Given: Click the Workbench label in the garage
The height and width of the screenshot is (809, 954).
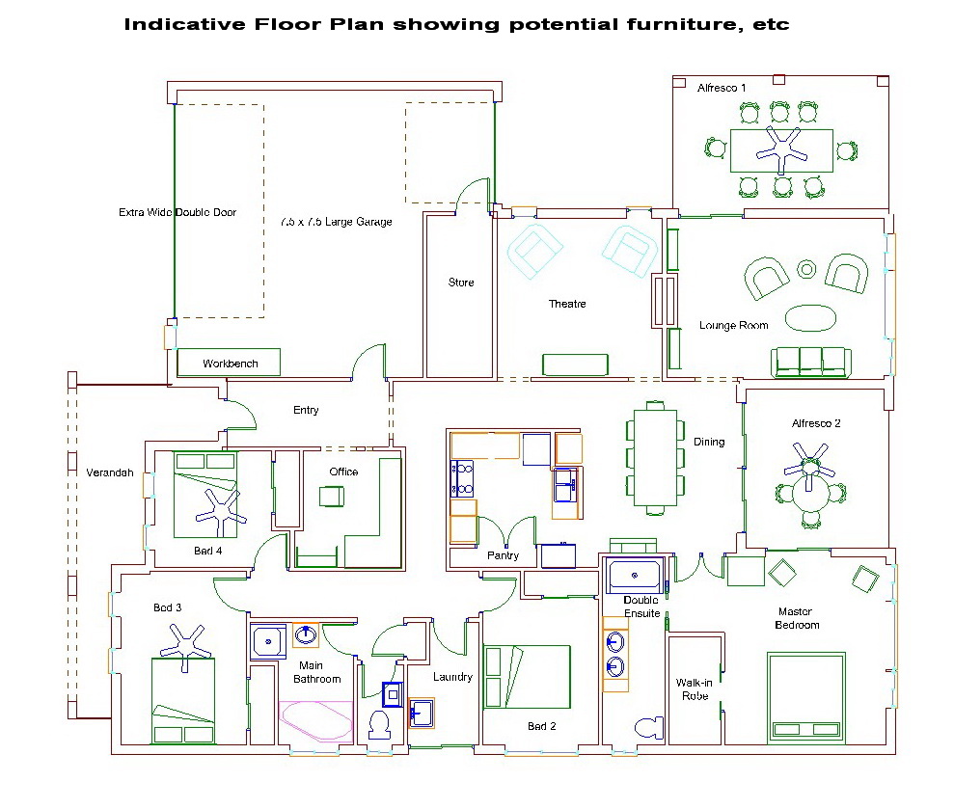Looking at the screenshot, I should click(230, 364).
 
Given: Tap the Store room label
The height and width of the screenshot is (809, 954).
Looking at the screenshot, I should click(461, 283).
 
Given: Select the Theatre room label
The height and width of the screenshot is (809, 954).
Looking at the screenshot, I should click(567, 304).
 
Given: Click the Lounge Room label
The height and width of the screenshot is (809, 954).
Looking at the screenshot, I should click(733, 325).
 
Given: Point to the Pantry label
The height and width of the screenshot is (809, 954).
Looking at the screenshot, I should click(503, 555).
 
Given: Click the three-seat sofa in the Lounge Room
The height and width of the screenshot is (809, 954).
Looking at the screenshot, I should click(811, 362).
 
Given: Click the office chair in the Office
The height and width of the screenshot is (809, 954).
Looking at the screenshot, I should click(332, 496).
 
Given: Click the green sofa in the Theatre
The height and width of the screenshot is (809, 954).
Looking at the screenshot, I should click(575, 364).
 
